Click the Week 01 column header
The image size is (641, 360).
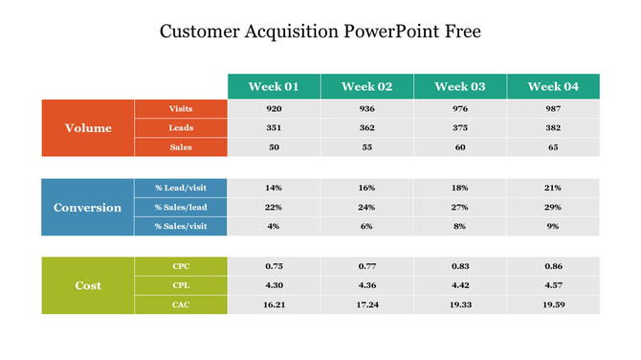[274, 86]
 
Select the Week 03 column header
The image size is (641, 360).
[459, 86]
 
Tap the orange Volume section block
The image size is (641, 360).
[88, 127]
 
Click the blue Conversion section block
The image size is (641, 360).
[88, 207]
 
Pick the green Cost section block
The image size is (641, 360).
[88, 285]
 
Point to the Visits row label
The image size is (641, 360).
[181, 109]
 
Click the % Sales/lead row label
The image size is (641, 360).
[181, 207]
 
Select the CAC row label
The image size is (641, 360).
[181, 304]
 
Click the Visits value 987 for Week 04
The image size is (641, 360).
[553, 109]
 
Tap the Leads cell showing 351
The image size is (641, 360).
[274, 128]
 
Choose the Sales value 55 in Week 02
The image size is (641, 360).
[366, 147]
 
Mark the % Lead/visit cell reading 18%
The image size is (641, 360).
[459, 188]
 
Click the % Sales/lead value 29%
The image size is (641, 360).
[553, 207]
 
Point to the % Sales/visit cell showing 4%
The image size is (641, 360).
[274, 226]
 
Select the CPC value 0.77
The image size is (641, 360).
[366, 266]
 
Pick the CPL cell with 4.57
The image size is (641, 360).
[553, 285]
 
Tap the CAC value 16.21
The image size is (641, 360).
[274, 304]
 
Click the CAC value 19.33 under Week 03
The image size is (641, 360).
[459, 304]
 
